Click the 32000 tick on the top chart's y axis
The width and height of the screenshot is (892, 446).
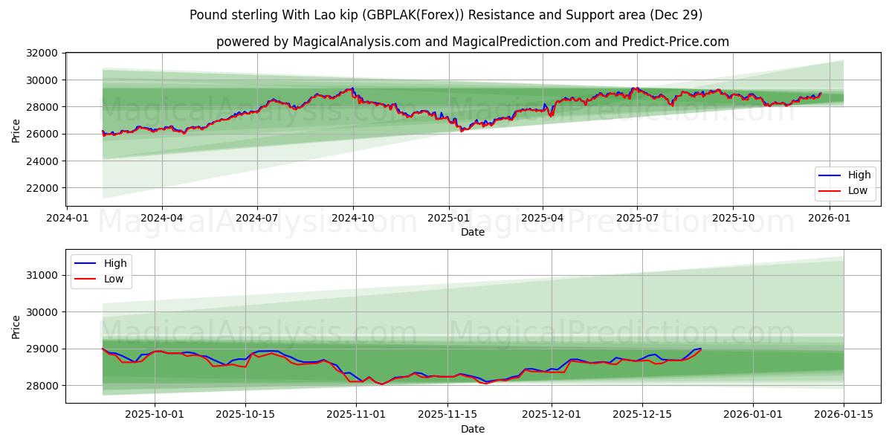[x=42, y=53]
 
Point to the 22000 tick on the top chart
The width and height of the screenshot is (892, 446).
[x=42, y=188]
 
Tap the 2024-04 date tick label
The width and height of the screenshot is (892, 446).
[x=161, y=218]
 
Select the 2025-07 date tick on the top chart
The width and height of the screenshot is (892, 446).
[x=637, y=218]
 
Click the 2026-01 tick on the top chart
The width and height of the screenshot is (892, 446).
[x=829, y=218]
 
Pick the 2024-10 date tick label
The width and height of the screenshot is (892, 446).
[x=352, y=218]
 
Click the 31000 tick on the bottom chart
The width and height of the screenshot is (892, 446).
[x=42, y=275]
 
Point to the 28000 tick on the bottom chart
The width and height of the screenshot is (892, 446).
[x=42, y=386]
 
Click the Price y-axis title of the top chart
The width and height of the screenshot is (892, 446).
[x=16, y=130]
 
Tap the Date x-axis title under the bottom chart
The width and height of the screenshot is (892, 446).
[x=473, y=429]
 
